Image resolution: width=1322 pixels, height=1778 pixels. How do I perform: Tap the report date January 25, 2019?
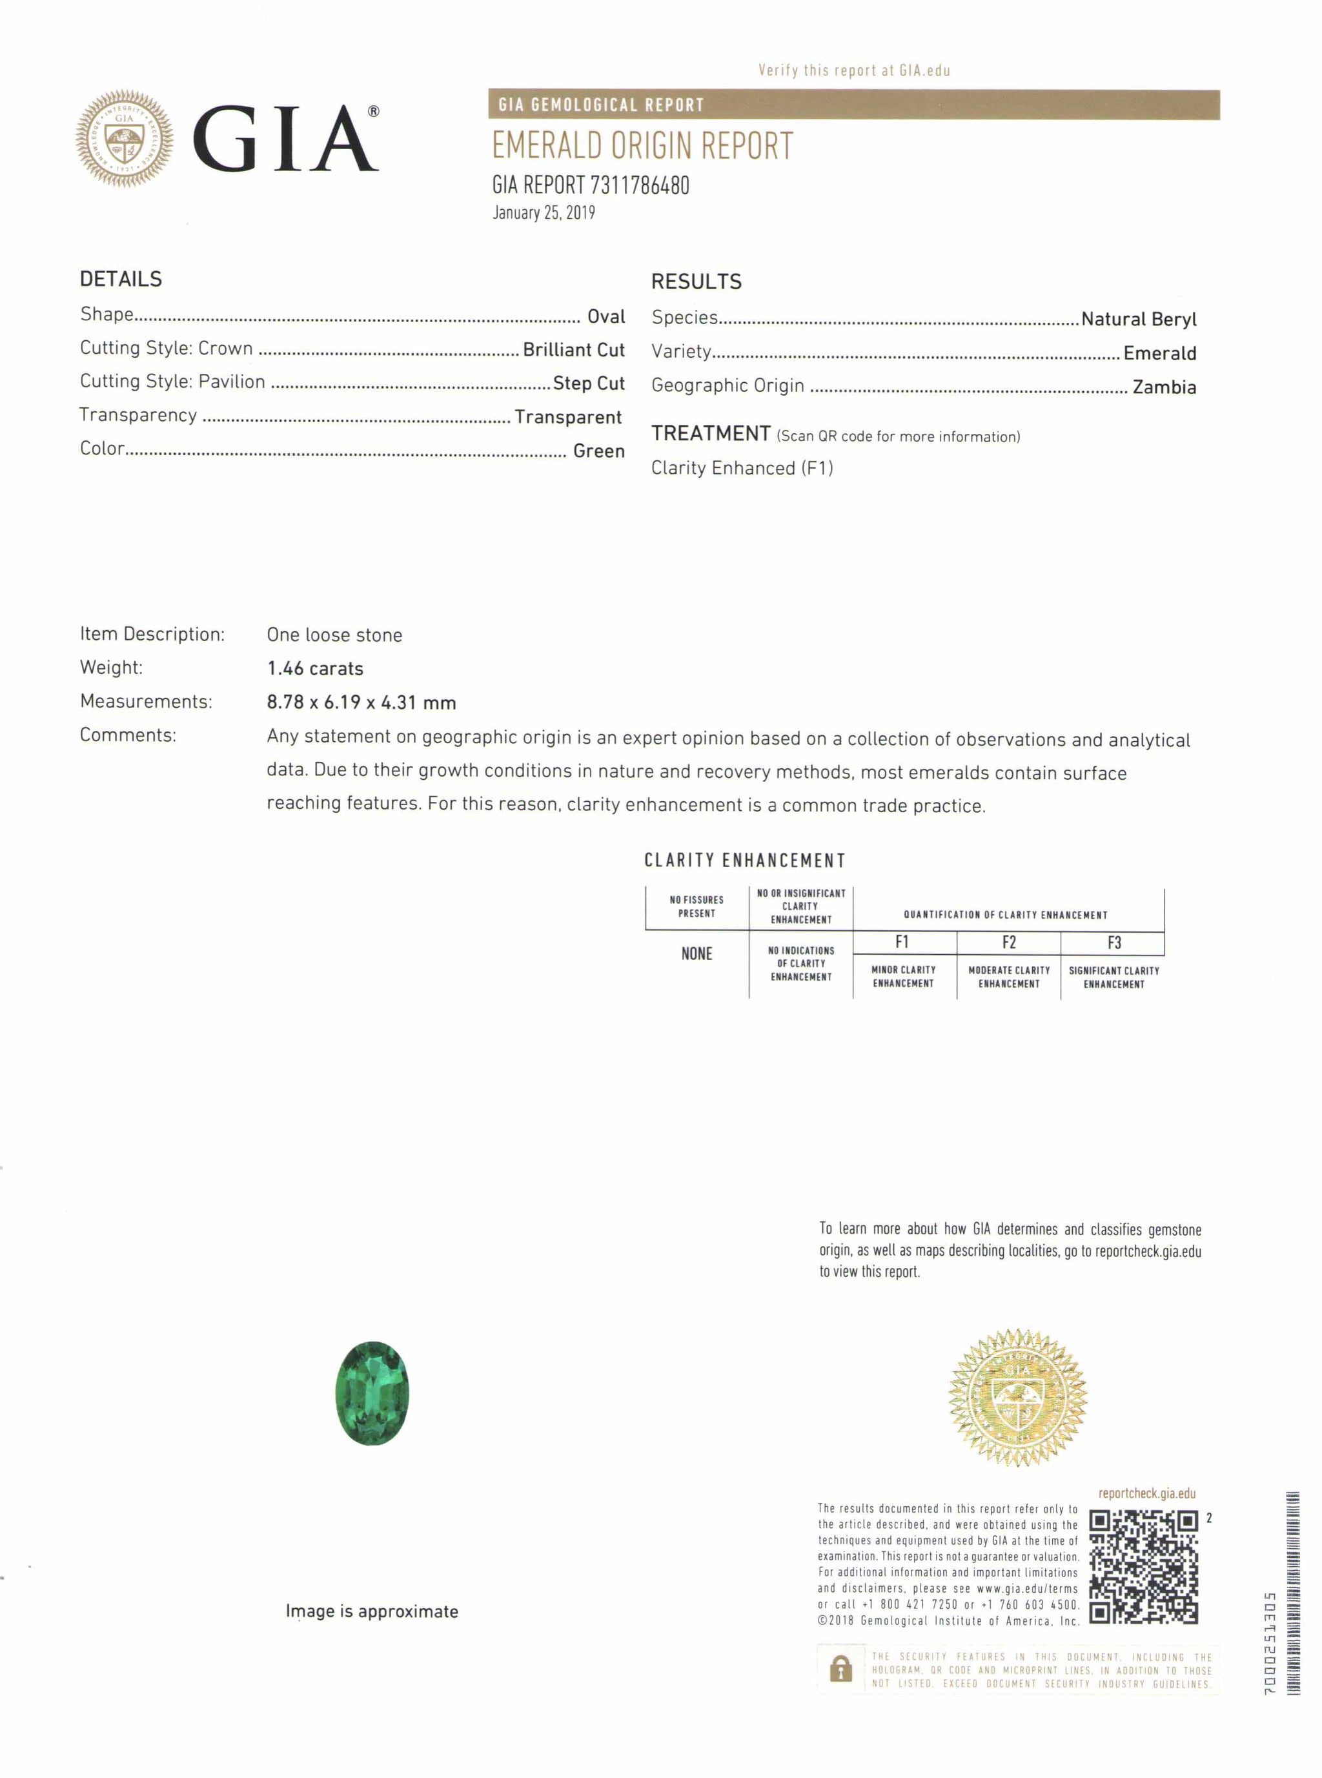coord(544,213)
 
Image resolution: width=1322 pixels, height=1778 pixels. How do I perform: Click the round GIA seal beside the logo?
coord(124,138)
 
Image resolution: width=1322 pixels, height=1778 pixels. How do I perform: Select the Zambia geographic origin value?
coord(1164,387)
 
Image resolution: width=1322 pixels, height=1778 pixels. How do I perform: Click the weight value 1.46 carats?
coord(314,668)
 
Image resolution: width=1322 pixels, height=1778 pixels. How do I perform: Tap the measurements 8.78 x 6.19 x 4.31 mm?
coord(361,702)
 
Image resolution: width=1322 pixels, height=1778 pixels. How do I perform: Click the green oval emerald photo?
coord(372,1393)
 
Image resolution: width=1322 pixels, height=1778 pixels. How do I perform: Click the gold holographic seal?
coord(1017,1397)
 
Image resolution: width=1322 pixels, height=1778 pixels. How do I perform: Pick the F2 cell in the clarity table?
coord(1008,943)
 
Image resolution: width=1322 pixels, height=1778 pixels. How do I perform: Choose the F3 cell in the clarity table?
coord(1113,943)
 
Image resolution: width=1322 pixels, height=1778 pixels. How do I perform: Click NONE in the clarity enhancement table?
coord(697,954)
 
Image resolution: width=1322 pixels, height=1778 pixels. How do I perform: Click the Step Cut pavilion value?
coord(588,383)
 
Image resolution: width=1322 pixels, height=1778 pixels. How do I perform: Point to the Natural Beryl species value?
coord(1138,320)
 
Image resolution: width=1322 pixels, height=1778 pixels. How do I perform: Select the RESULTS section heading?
coord(697,281)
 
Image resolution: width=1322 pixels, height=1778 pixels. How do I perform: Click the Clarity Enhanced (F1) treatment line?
coord(742,468)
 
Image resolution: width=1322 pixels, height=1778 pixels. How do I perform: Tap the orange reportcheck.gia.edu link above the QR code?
coord(1147,1493)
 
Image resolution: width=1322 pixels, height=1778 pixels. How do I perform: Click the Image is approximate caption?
coord(372,1611)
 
